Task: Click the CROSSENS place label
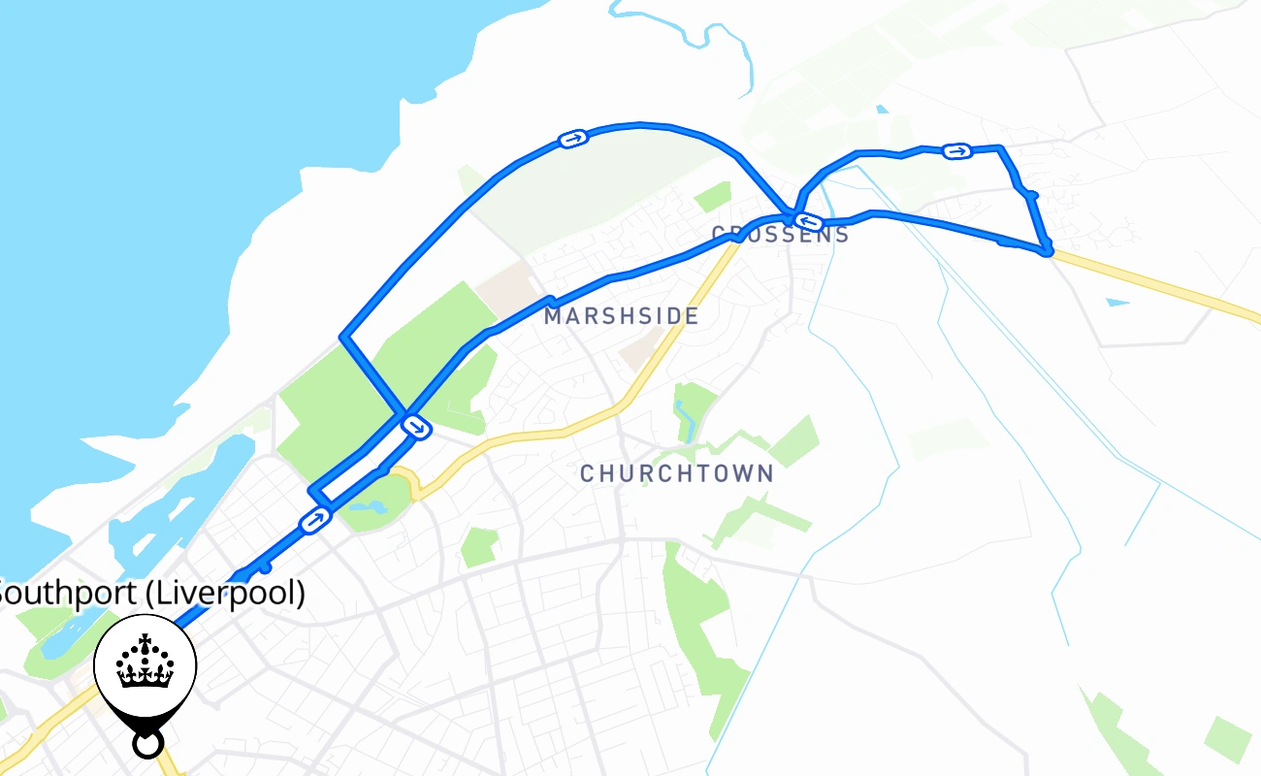click(x=781, y=235)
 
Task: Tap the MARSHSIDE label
click(x=621, y=316)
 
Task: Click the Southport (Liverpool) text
click(x=150, y=593)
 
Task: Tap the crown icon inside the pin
click(x=145, y=663)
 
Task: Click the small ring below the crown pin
click(x=146, y=744)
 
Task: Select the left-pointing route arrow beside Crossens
click(x=809, y=223)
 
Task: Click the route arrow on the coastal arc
click(x=573, y=140)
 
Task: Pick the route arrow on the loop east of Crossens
click(x=957, y=150)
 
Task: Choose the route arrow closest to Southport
click(x=315, y=521)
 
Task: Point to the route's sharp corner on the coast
click(x=342, y=337)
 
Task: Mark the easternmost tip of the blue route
click(x=1048, y=251)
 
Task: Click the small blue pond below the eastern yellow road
click(x=1117, y=303)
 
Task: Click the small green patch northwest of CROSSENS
click(x=713, y=195)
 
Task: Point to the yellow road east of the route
click(x=1164, y=287)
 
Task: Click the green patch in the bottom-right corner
click(x=1227, y=737)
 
